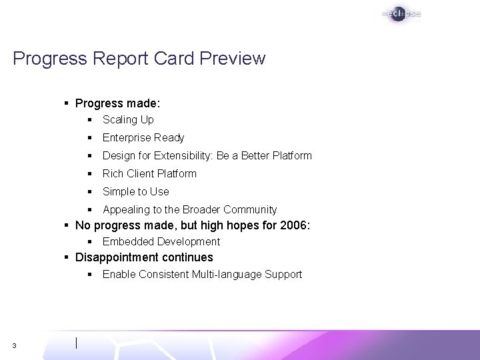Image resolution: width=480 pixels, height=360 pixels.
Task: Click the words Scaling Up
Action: coord(128,120)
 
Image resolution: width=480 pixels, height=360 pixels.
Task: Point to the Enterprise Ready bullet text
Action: coord(143,138)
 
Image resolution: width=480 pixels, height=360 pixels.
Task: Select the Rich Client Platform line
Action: coord(149,174)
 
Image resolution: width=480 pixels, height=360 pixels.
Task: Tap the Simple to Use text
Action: coord(136,192)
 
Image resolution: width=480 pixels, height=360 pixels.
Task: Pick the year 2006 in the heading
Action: coord(294,225)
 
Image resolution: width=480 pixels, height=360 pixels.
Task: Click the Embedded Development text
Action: coord(161,242)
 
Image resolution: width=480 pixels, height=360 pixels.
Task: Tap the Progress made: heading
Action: coord(118,104)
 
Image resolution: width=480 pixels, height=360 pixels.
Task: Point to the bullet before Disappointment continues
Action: coord(67,257)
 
